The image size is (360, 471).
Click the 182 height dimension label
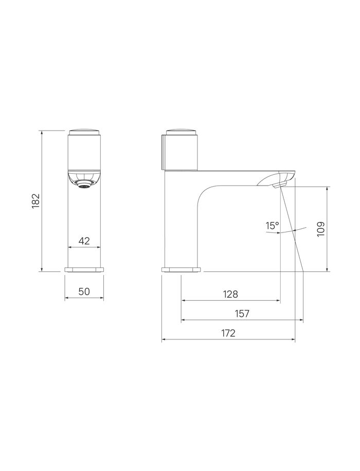36,201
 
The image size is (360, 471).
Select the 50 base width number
84,291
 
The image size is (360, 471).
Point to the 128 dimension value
230,294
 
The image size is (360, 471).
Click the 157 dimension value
242,313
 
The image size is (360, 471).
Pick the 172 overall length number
228,333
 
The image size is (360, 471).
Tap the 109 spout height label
320,229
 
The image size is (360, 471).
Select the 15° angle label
272,225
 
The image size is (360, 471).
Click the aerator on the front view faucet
84,185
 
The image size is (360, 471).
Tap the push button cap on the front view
84,133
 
